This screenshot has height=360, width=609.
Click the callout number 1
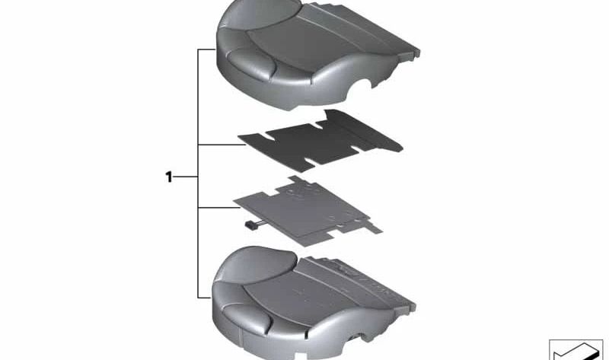168,177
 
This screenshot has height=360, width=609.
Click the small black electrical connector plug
250,225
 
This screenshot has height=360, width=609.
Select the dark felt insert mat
320,141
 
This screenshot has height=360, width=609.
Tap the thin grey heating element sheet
308,211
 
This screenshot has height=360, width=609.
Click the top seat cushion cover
317,54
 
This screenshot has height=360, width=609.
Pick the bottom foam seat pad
313,303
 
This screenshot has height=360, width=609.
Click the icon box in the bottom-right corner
576,349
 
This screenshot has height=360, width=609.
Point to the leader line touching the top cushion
206,49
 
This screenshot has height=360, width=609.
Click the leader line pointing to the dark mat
222,145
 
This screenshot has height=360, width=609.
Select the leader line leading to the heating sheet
218,208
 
